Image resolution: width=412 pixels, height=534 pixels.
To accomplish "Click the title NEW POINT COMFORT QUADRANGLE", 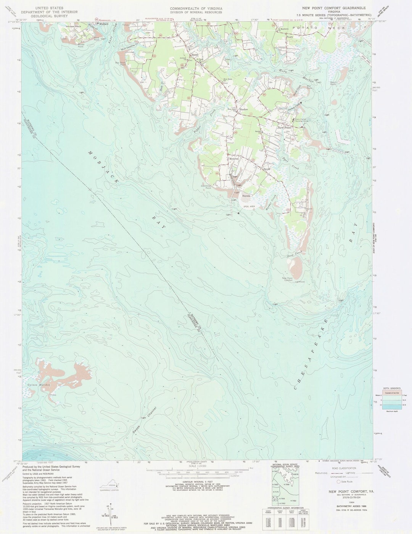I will click(334, 8).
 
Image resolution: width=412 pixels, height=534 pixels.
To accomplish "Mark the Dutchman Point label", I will click(206, 187).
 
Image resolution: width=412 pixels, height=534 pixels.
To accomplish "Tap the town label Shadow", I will click(243, 109).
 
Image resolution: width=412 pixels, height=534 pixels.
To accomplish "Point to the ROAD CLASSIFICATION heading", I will click(344, 468).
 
